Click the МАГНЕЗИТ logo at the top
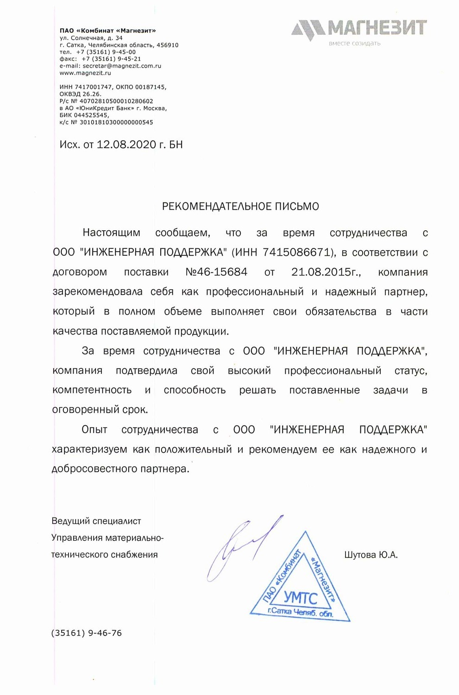click(359, 28)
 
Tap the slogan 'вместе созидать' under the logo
click(354, 44)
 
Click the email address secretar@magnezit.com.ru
click(122, 66)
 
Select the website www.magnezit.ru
click(85, 73)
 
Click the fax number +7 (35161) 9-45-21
click(111, 59)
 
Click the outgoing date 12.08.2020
click(126, 145)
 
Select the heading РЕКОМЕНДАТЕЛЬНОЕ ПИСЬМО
click(240, 206)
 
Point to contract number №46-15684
click(216, 272)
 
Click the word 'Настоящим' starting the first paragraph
click(111, 233)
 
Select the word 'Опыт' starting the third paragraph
click(94, 430)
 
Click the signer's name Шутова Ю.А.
click(371, 555)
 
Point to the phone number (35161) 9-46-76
click(87, 633)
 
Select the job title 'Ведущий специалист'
click(96, 521)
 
